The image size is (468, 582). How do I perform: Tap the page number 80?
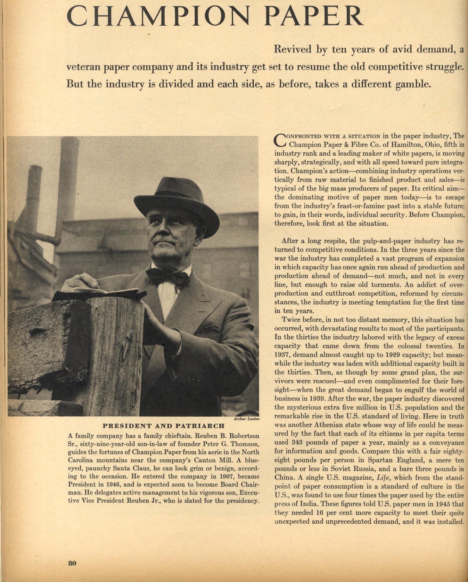coord(72,563)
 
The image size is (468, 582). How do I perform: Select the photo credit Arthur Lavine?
coord(246,419)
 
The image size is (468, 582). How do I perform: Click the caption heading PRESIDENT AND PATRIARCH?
coord(163,426)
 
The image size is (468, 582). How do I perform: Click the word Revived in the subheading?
coord(292,49)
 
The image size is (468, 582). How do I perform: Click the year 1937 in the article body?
coord(282,355)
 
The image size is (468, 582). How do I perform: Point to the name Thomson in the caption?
coord(243,444)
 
